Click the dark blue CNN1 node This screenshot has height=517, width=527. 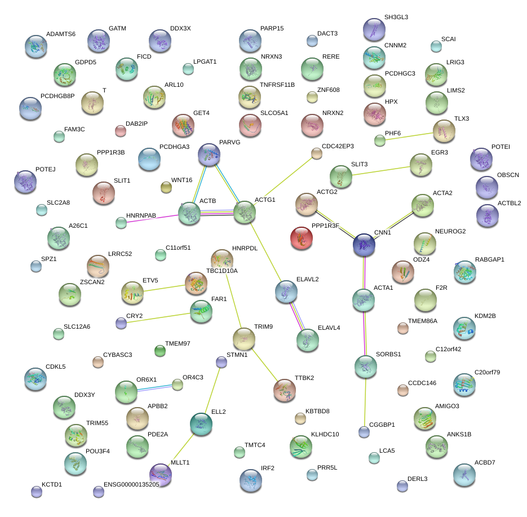coord(364,245)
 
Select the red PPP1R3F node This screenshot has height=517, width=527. coord(305,238)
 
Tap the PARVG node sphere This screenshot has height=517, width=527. coord(209,154)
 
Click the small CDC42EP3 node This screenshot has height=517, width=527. coord(317,153)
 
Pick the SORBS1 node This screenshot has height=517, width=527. coord(366,366)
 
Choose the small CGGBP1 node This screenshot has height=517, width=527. coord(364,432)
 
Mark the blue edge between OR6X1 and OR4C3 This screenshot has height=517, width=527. coord(154,387)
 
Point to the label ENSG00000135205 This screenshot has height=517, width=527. coord(131,484)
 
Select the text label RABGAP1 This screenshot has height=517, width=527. coord(490,259)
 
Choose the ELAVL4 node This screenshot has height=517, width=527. coord(307,340)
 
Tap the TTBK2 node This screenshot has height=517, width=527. coord(284,390)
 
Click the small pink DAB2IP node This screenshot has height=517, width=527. coord(120,131)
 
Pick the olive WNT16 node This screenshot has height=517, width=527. coord(166,188)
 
